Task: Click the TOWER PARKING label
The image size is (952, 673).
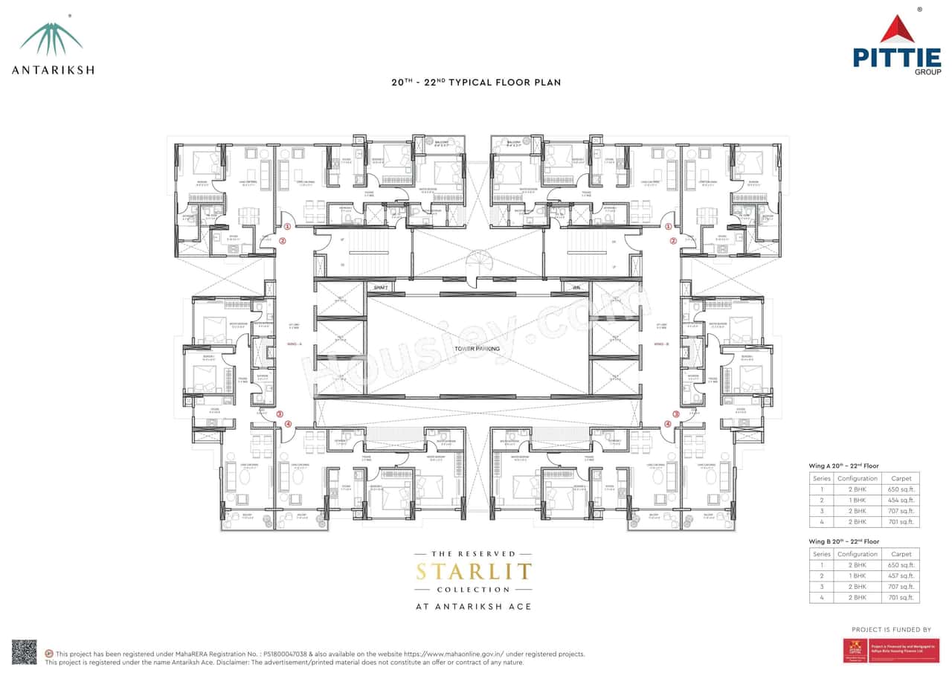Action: pyautogui.click(x=477, y=349)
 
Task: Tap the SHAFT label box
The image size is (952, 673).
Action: pyautogui.click(x=381, y=288)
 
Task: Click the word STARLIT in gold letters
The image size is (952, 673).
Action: pyautogui.click(x=474, y=572)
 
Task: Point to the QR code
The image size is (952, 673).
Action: pyautogui.click(x=24, y=652)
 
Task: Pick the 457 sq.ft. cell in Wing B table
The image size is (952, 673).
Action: pyautogui.click(x=901, y=576)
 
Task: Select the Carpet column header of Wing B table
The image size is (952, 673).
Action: pyautogui.click(x=901, y=554)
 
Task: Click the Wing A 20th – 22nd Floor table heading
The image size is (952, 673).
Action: pyautogui.click(x=844, y=466)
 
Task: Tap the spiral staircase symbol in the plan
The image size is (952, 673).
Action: pyautogui.click(x=475, y=264)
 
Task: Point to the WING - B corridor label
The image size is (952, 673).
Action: pyautogui.click(x=661, y=344)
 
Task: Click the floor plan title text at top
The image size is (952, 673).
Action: pyautogui.click(x=476, y=83)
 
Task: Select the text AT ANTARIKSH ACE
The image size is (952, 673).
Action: pyautogui.click(x=474, y=607)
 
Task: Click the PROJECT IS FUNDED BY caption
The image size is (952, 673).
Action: pyautogui.click(x=891, y=629)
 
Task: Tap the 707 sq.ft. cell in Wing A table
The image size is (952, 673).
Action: pyautogui.click(x=901, y=511)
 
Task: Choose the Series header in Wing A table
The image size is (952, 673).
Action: pyautogui.click(x=821, y=478)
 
